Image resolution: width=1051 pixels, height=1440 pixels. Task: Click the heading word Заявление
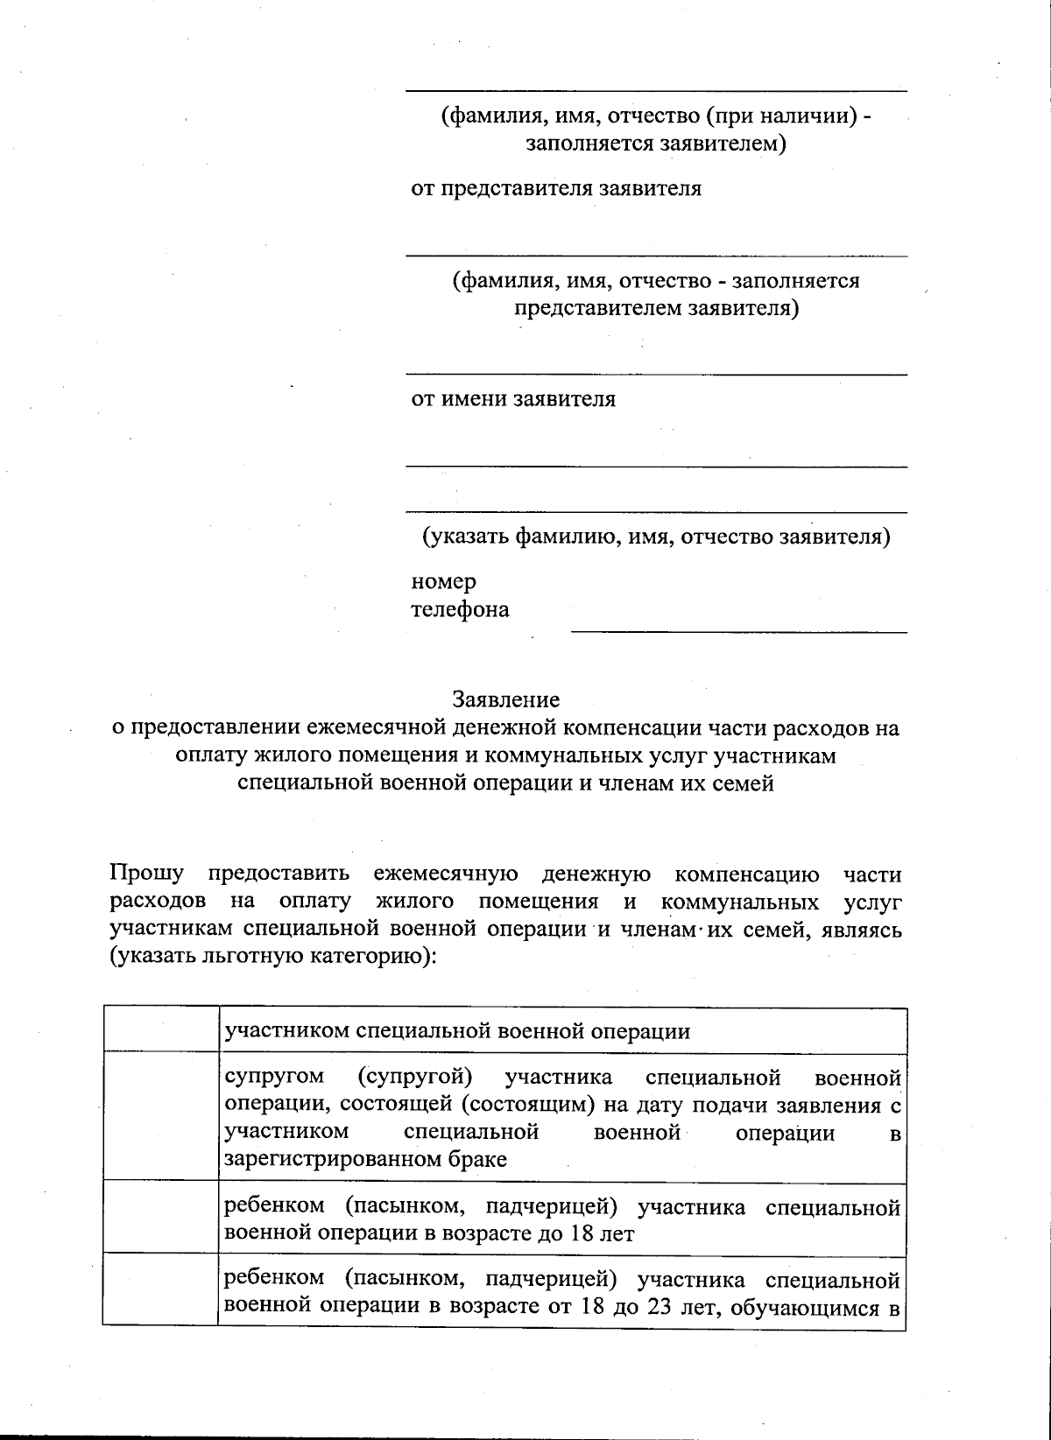[x=505, y=699]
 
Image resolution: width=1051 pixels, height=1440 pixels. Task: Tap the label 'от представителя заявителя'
[x=556, y=188]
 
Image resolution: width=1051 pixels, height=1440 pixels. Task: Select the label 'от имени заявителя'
[x=513, y=399]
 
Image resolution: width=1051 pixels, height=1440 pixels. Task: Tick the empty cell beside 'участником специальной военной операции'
[x=160, y=1029]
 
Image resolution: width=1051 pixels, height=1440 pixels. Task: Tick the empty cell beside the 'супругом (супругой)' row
[x=160, y=1115]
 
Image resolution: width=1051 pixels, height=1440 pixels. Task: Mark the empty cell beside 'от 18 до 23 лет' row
[x=160, y=1292]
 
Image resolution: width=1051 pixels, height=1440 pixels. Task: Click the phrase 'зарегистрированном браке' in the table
[x=365, y=1160]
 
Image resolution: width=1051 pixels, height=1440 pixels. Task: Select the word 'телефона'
[x=460, y=609]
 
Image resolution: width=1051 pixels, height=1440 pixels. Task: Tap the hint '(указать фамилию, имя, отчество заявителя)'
[x=655, y=537]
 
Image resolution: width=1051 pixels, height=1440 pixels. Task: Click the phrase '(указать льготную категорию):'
[x=272, y=957]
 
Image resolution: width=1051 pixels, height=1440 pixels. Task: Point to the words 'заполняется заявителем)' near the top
[x=655, y=143]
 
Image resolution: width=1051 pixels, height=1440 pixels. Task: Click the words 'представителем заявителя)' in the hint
[x=655, y=308]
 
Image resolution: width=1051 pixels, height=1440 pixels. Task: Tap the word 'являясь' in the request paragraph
[x=861, y=930]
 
